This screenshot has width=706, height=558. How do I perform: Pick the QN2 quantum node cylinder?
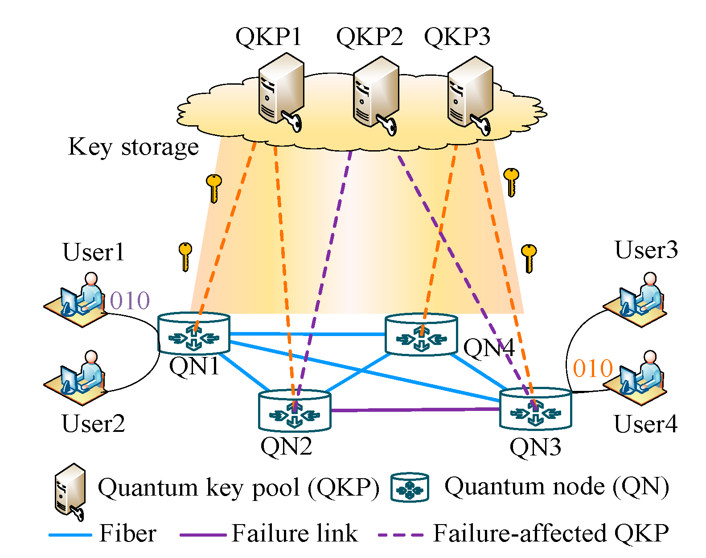tap(295, 410)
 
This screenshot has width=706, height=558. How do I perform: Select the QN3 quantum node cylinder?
tap(535, 409)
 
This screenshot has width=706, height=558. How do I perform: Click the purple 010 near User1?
tap(130, 301)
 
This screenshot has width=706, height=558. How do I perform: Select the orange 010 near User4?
tap(593, 369)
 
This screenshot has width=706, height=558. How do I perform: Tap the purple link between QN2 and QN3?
tap(415, 410)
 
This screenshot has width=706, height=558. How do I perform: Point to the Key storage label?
tap(133, 147)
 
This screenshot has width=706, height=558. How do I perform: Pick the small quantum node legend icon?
tap(410, 488)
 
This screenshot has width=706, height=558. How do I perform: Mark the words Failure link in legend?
tap(295, 533)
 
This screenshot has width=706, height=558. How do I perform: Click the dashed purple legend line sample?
tap(400, 534)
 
